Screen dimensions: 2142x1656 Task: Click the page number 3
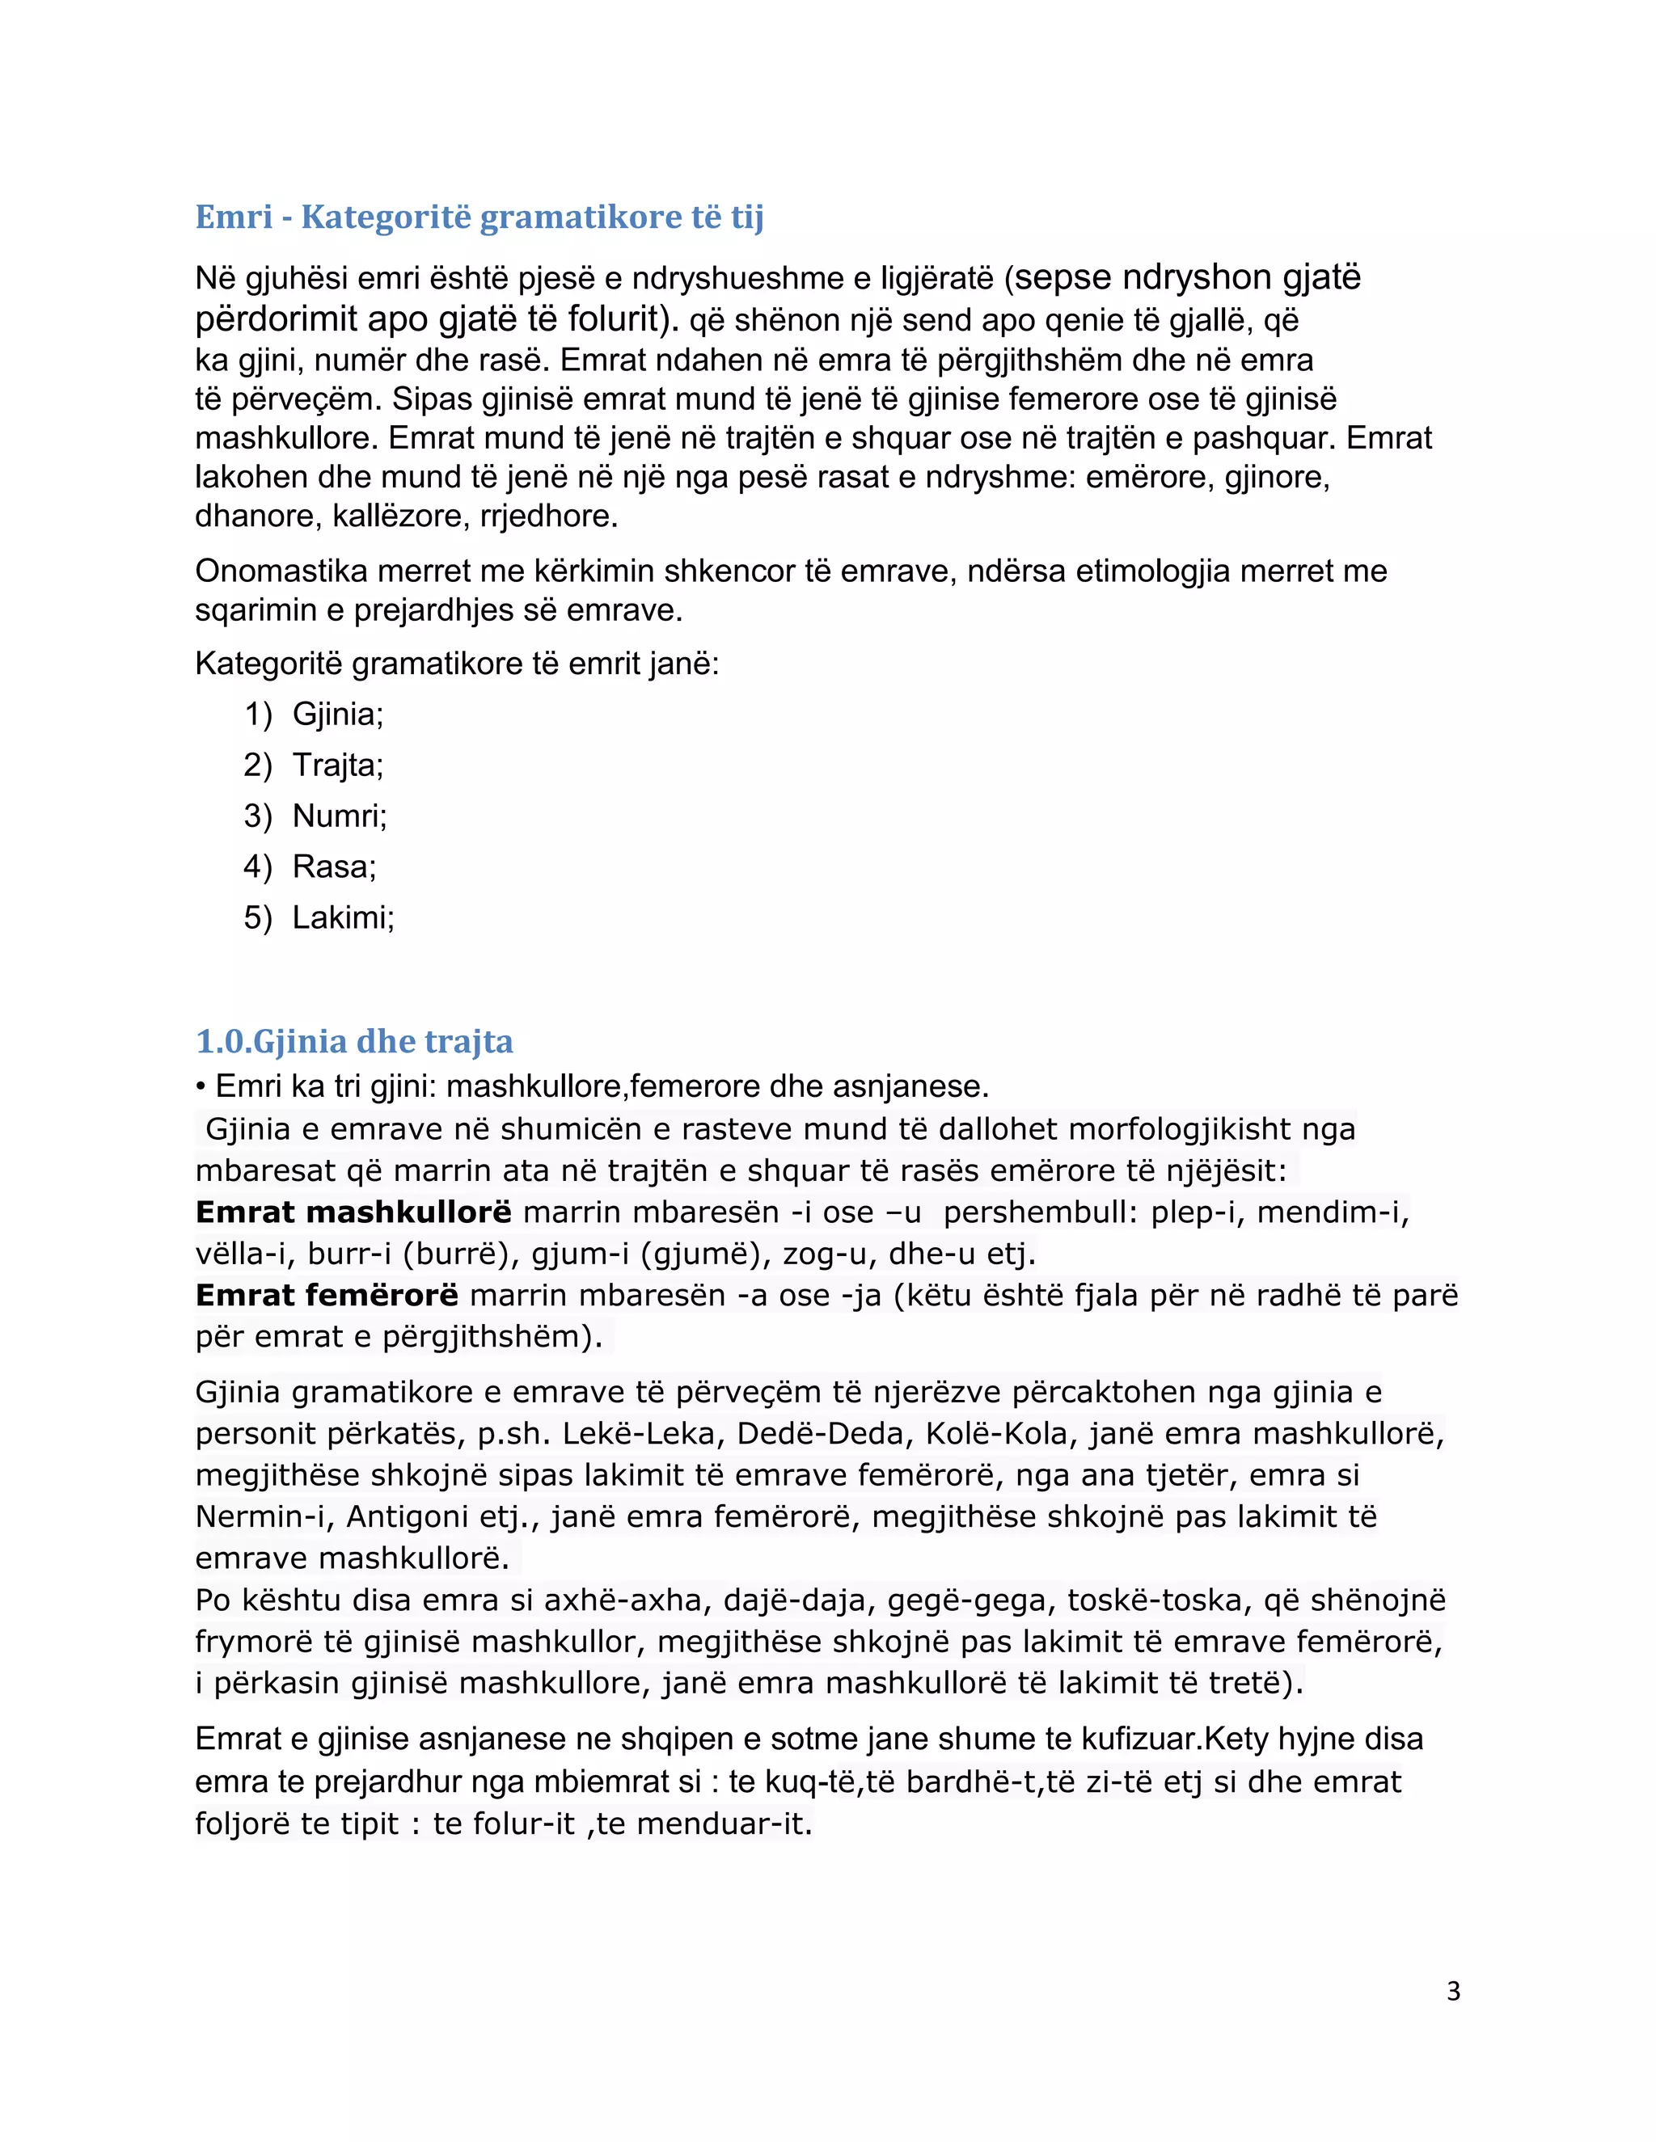(x=1453, y=1990)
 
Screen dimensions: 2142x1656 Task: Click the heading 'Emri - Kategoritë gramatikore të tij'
(x=479, y=217)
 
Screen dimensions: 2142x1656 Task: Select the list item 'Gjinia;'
(x=337, y=714)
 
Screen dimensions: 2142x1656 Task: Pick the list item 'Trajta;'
(x=337, y=765)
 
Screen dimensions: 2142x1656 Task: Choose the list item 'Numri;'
(x=340, y=816)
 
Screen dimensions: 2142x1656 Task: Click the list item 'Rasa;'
(x=334, y=867)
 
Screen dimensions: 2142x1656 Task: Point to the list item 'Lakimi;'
(x=344, y=918)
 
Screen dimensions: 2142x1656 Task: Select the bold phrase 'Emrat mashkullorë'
(x=353, y=1212)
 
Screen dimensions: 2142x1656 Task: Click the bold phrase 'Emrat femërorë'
(x=327, y=1296)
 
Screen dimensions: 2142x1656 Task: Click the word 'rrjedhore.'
(x=548, y=516)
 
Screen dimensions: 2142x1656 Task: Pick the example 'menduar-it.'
(x=724, y=1824)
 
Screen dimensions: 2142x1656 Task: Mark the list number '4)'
(x=258, y=867)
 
